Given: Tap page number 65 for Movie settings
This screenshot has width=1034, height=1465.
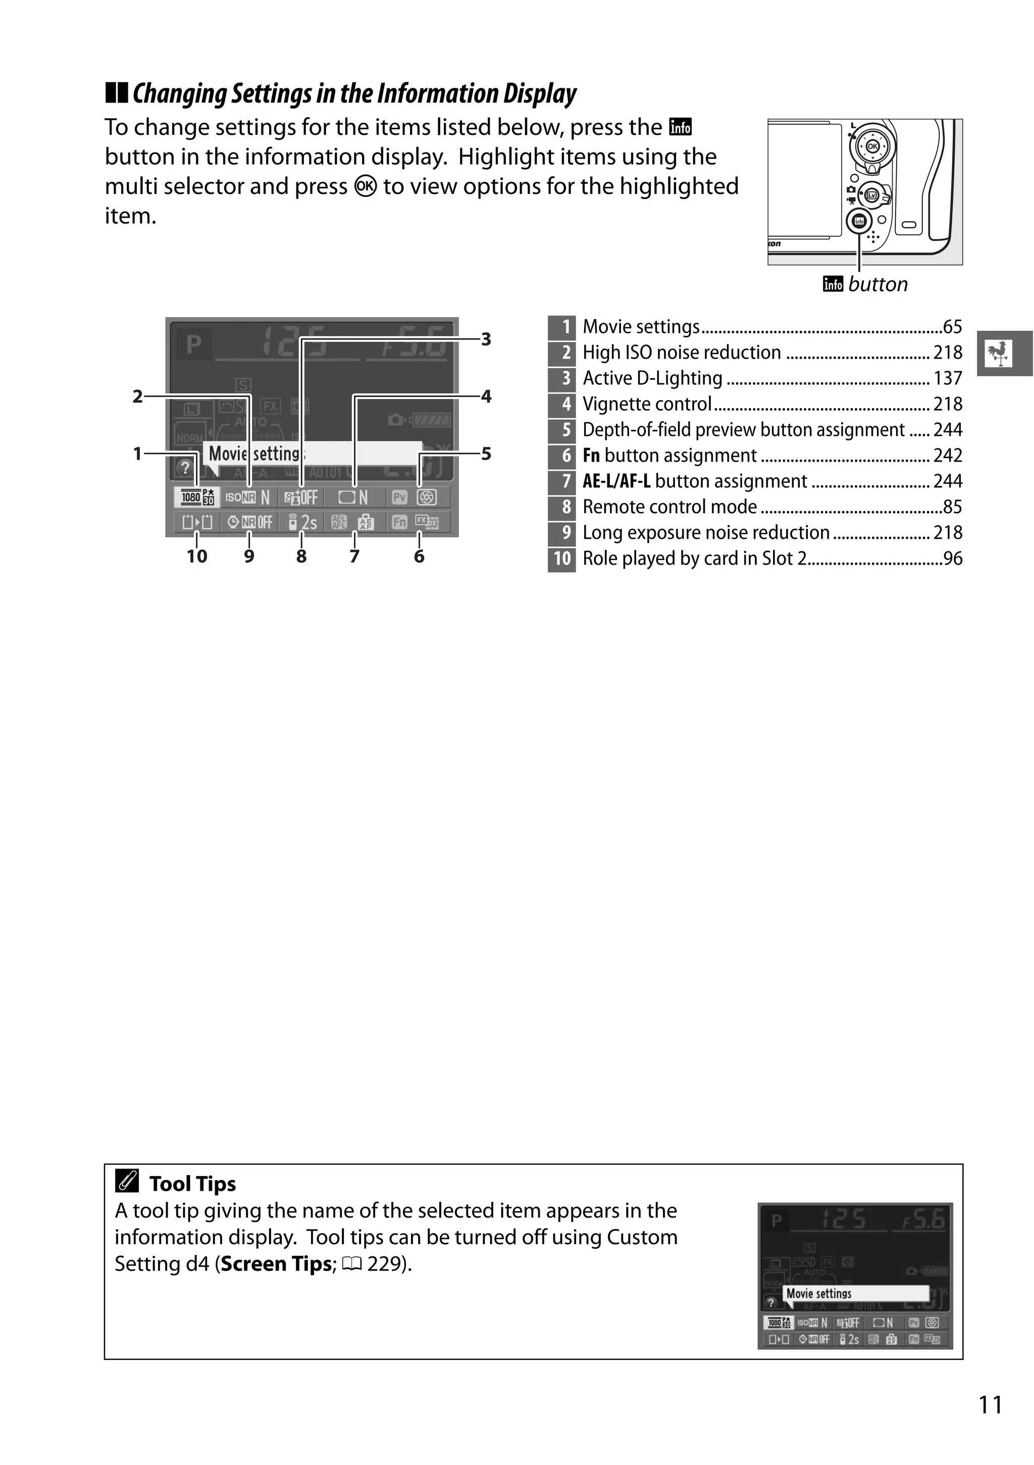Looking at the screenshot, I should (x=952, y=327).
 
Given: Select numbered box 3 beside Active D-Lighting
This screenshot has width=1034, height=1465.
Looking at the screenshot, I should (x=562, y=378).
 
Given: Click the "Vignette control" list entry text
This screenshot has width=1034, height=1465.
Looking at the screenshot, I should (x=647, y=404).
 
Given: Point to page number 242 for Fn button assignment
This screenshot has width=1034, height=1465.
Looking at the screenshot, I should (x=947, y=456).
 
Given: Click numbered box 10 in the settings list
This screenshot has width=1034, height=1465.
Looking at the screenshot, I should (x=562, y=559).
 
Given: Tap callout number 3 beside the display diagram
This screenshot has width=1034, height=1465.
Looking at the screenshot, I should (x=486, y=339).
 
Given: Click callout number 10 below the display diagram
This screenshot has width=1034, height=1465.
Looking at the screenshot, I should (x=197, y=557).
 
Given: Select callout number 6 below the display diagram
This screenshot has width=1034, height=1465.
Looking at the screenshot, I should (x=419, y=557).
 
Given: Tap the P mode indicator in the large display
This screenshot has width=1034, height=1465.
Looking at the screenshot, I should (x=193, y=344).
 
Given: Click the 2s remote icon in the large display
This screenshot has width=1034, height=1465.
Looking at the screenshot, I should (x=302, y=523).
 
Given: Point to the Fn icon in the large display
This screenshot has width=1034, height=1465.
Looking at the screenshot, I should (x=399, y=523).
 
